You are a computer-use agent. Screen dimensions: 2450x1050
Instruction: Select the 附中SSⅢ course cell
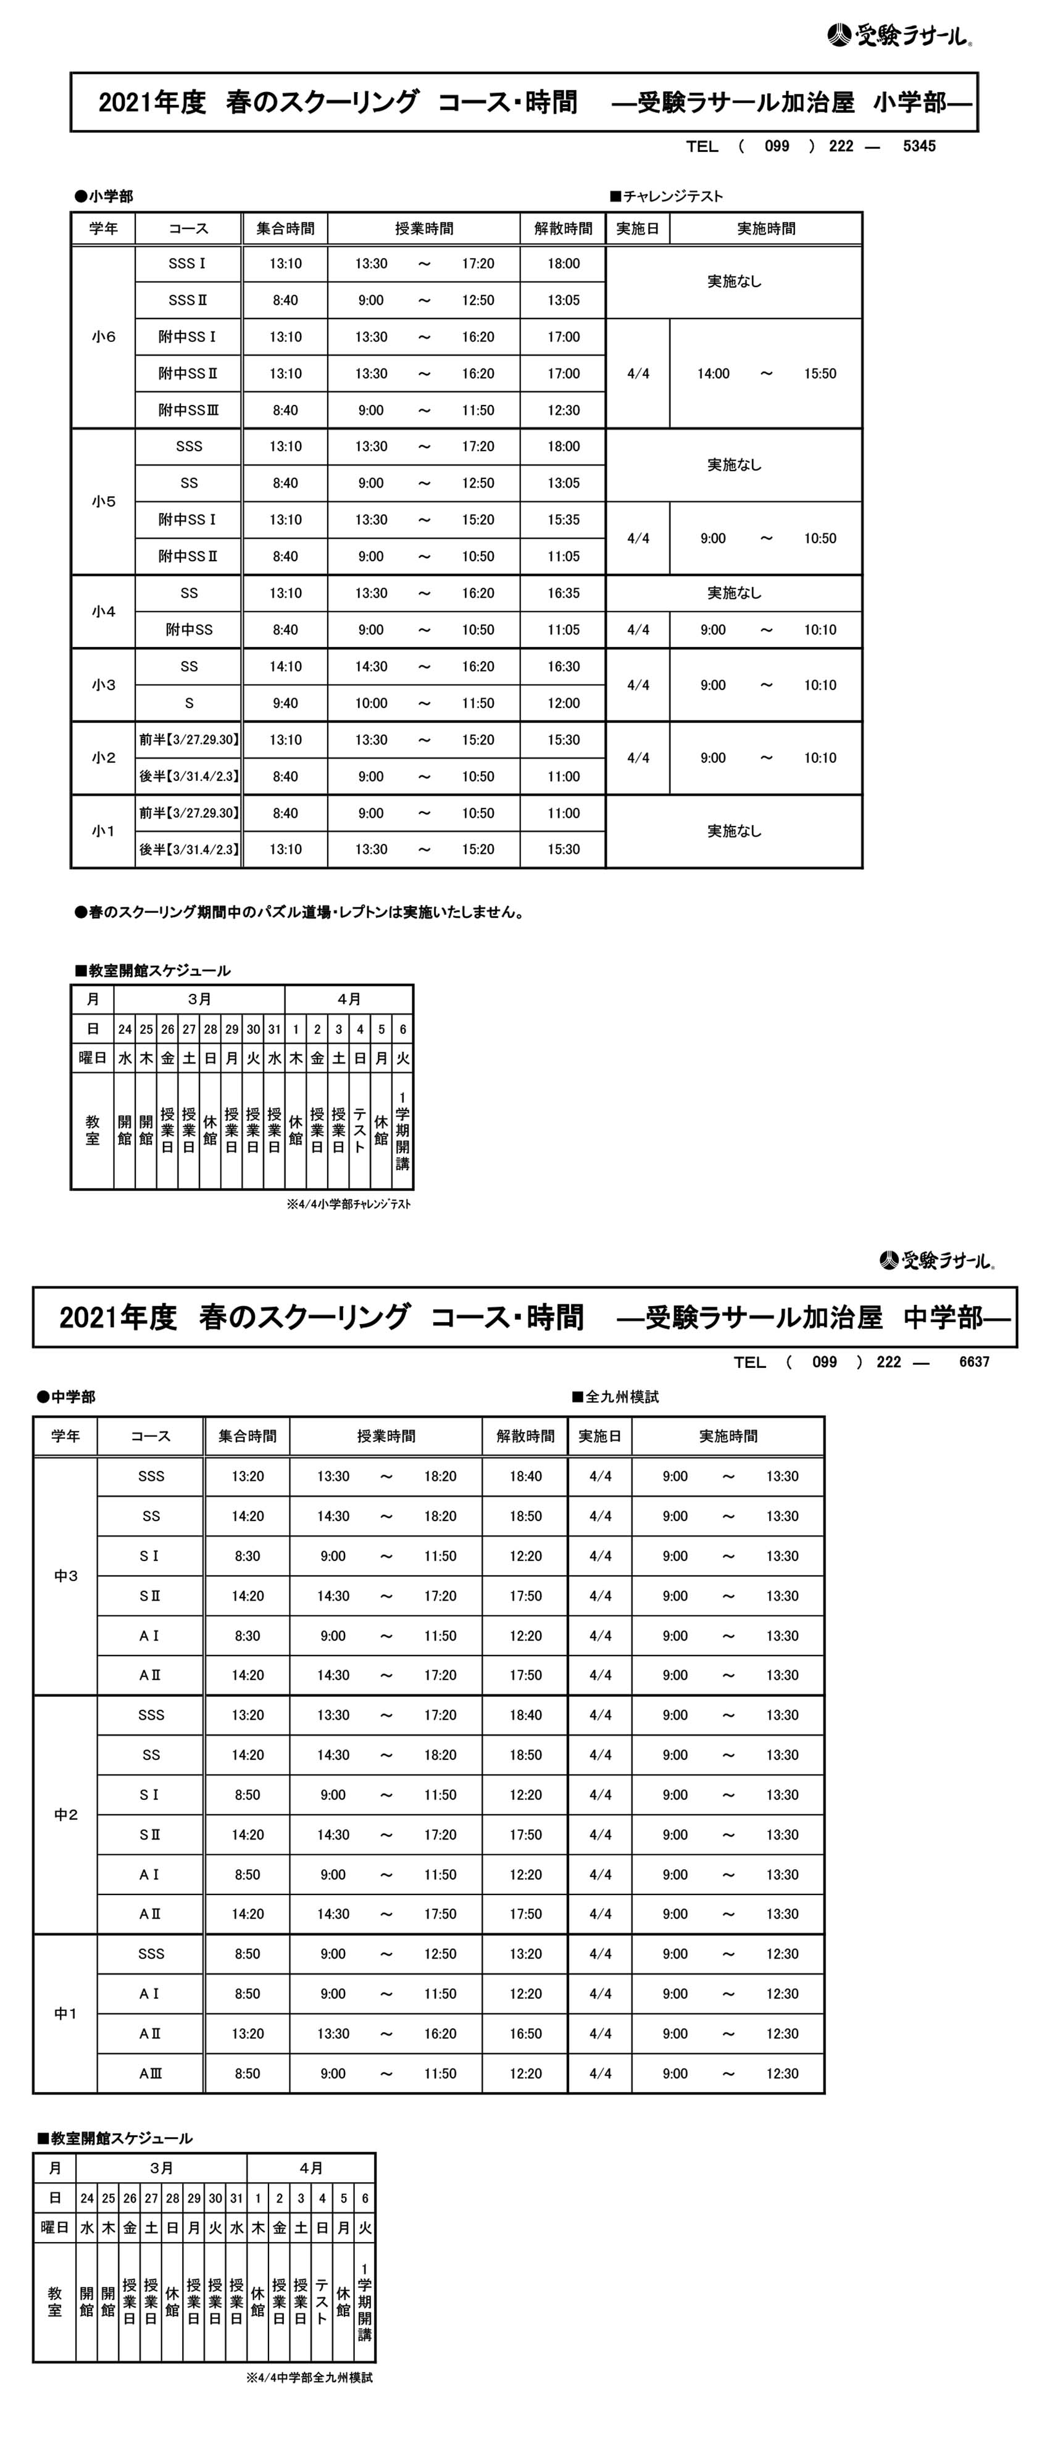[x=188, y=410]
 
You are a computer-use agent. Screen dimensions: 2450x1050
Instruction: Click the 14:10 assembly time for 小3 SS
[x=285, y=667]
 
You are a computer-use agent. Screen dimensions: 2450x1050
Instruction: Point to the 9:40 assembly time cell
[x=285, y=703]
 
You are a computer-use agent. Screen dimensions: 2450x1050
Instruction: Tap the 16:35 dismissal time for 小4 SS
[x=563, y=593]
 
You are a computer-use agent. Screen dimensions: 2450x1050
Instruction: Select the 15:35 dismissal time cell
[x=563, y=519]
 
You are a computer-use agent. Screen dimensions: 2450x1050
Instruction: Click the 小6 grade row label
[x=104, y=336]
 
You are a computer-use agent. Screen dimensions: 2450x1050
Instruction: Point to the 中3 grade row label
[x=65, y=1576]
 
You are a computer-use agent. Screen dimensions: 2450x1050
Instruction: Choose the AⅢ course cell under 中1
[x=150, y=2073]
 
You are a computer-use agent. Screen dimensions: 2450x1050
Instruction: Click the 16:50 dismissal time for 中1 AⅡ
[x=525, y=2033]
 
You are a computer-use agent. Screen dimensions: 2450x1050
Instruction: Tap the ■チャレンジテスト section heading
[x=667, y=196]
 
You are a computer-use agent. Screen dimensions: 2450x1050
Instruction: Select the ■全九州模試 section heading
[x=615, y=1396]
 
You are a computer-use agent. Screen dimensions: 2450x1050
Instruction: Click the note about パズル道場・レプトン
[x=299, y=912]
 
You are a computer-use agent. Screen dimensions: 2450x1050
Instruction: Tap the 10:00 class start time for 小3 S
[x=371, y=703]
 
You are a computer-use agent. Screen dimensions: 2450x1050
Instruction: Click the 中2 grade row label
[x=65, y=1815]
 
